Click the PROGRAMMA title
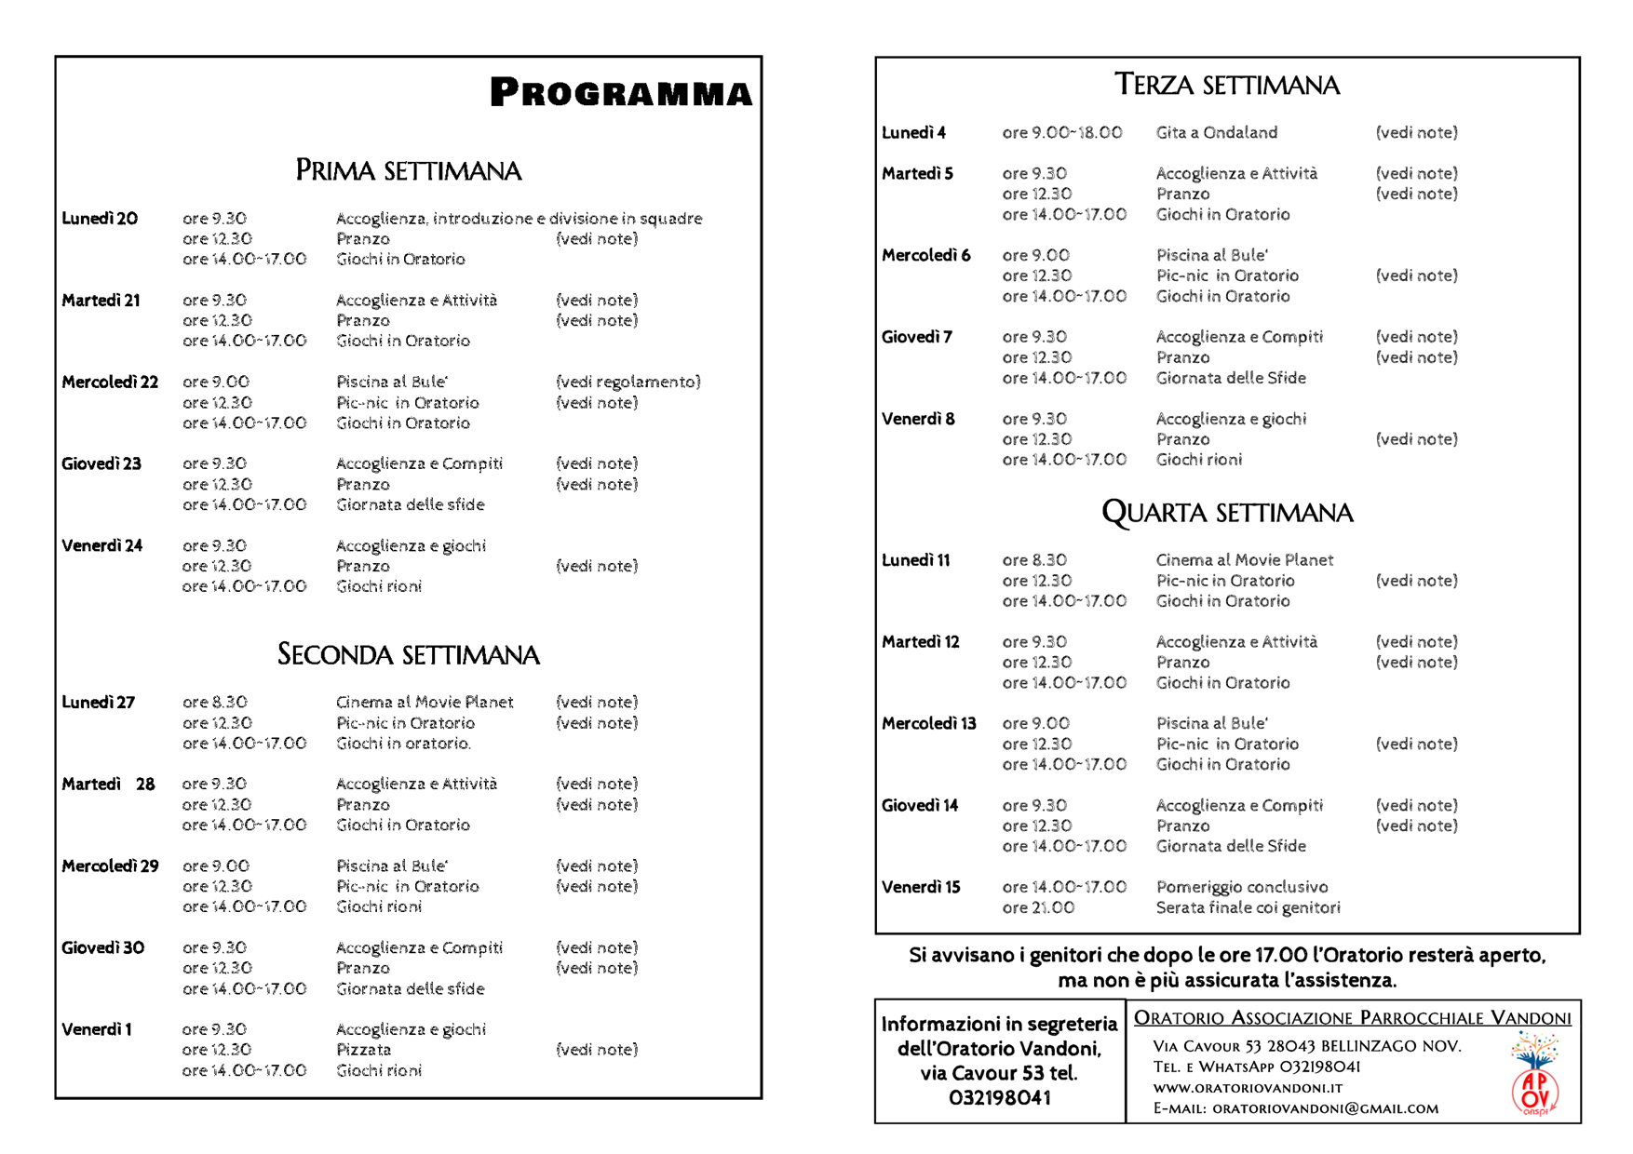point(621,92)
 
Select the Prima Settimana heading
point(408,170)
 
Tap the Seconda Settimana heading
point(408,654)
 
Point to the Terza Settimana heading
point(1227,85)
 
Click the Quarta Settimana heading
point(1227,512)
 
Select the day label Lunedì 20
point(100,219)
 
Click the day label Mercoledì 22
point(110,382)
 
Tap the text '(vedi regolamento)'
point(628,382)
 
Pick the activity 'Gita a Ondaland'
point(1216,132)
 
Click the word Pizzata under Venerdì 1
point(363,1050)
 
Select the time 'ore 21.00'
point(1038,907)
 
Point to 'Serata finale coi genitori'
point(1248,907)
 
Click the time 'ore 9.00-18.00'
point(1062,132)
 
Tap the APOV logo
point(1534,1076)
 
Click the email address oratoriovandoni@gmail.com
point(1325,1108)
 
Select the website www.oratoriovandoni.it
point(1248,1088)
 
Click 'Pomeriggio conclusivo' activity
point(1242,887)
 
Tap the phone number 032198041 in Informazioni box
point(999,1098)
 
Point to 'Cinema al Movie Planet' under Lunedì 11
point(1245,560)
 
